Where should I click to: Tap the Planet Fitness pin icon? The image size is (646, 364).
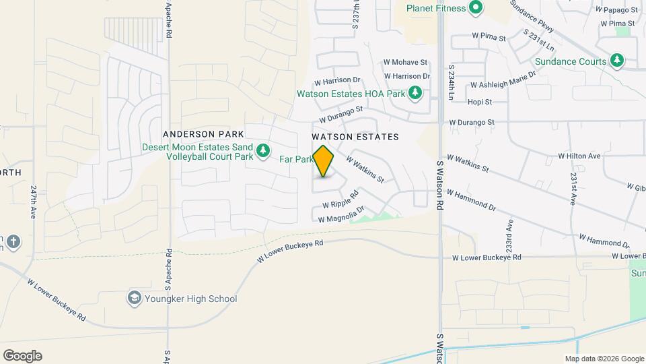click(x=476, y=8)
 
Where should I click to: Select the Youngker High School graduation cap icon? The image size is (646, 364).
click(x=135, y=298)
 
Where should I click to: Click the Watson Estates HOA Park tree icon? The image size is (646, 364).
click(x=416, y=93)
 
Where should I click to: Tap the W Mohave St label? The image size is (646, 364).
click(x=405, y=61)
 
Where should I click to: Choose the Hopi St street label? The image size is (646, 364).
click(x=480, y=102)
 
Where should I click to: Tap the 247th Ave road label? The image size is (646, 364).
click(x=33, y=202)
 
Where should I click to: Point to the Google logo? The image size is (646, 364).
click(x=22, y=356)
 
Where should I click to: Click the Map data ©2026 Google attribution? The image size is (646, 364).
click(x=604, y=359)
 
